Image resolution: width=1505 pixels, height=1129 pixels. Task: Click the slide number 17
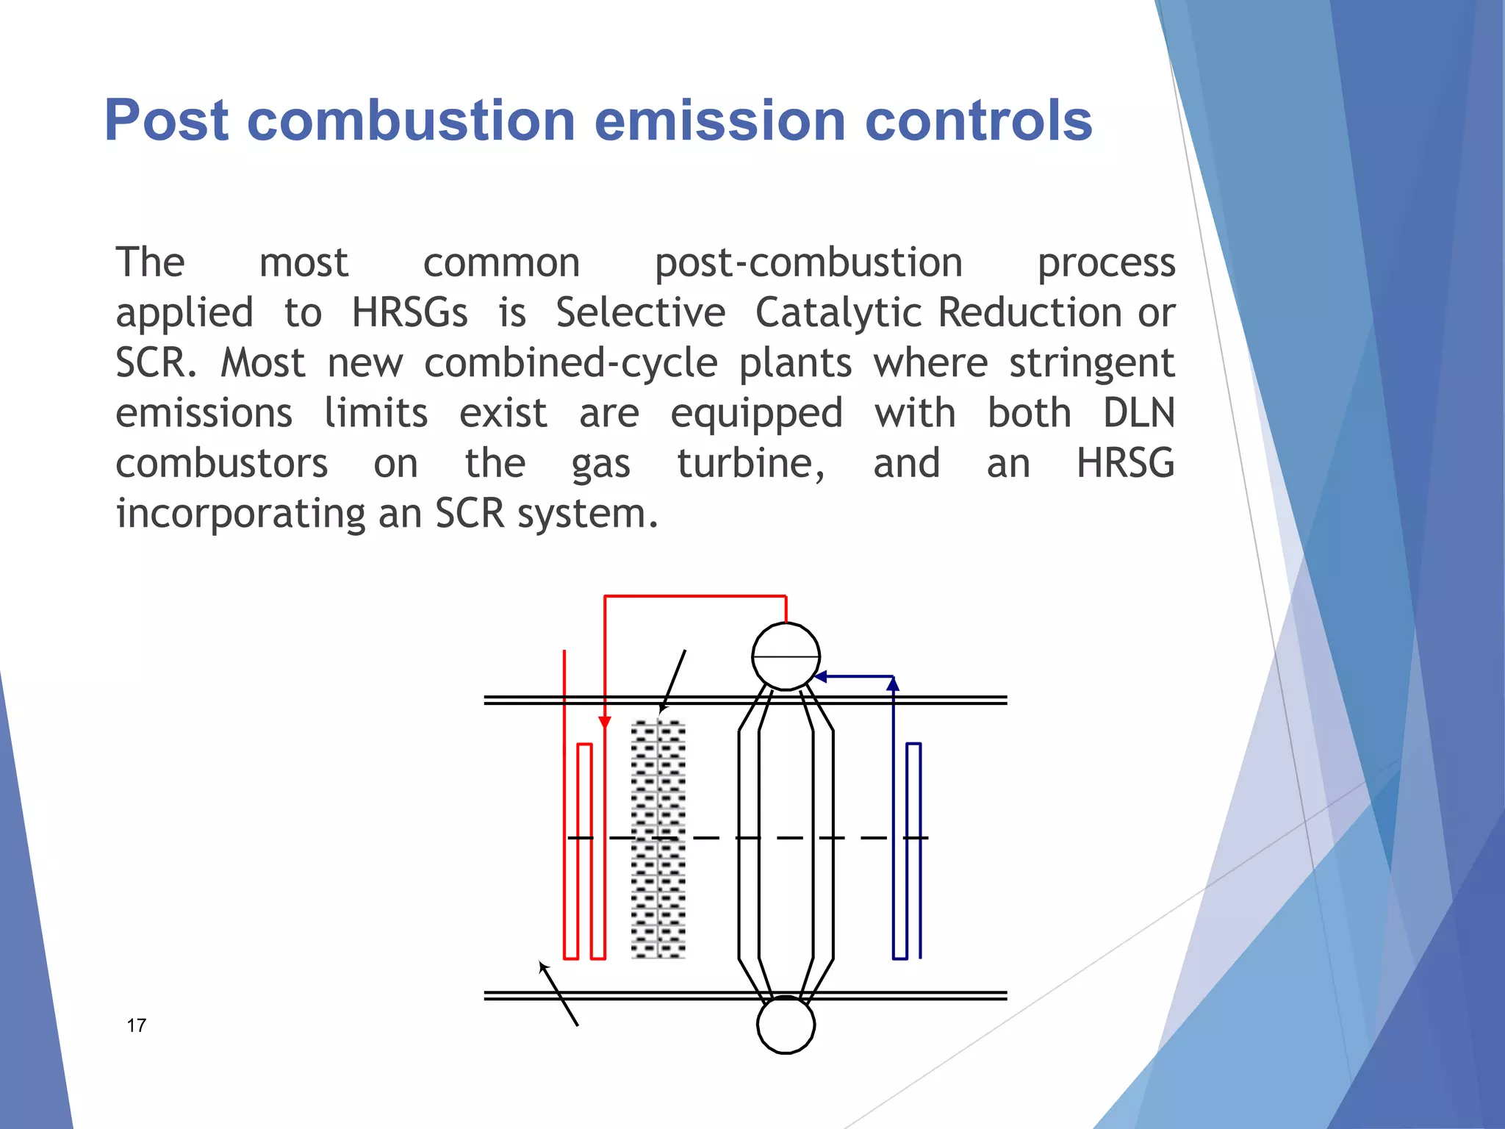tap(137, 1025)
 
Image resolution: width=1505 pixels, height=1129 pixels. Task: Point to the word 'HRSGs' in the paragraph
tap(409, 313)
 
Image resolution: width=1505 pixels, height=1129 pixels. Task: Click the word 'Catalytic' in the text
tap(838, 313)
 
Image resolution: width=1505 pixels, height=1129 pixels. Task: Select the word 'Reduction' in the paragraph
tap(1030, 313)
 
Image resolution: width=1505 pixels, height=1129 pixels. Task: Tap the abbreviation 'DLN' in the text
tap(1138, 413)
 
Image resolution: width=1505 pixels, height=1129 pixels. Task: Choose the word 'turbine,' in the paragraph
tap(751, 464)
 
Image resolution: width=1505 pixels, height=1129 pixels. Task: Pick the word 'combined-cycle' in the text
tap(570, 363)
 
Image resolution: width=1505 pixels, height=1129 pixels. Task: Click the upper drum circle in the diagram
tap(786, 656)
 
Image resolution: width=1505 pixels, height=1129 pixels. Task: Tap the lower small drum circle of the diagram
tap(786, 1025)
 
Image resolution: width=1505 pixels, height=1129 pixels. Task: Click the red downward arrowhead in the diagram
tap(605, 723)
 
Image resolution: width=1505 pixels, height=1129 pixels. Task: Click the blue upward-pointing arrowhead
tap(893, 684)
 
